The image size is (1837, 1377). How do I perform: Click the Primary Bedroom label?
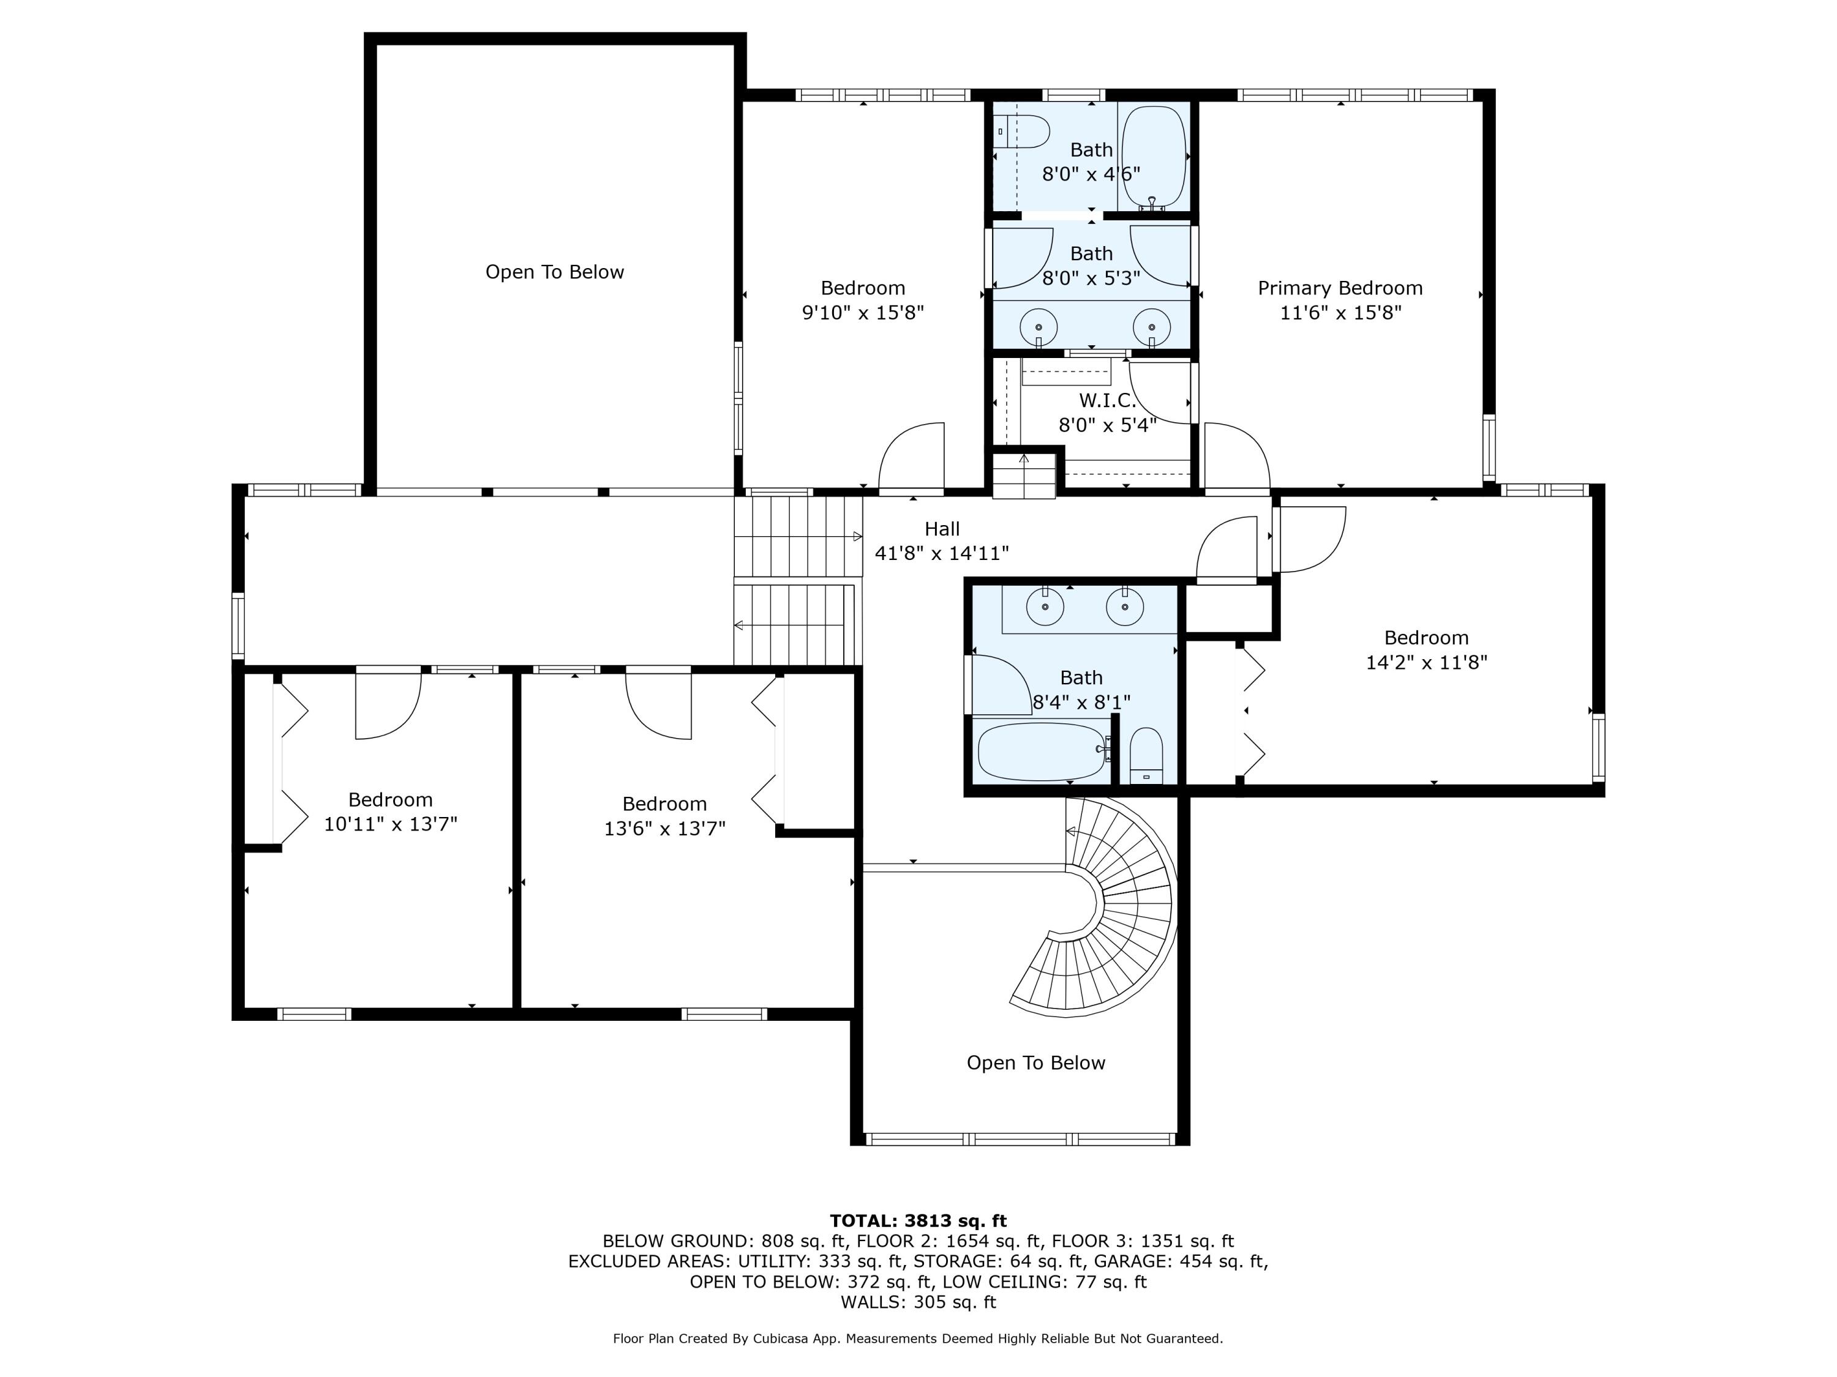tap(1340, 288)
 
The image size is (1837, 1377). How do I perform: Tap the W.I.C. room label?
tap(1107, 401)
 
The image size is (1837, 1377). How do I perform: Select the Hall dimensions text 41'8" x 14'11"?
tap(942, 553)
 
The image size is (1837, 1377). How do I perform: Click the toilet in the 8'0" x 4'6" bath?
tap(1025, 131)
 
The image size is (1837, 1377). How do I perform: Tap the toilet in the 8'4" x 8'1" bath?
tap(1147, 755)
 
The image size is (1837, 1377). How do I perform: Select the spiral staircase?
tap(1113, 913)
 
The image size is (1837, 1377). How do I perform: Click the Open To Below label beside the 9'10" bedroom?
tap(554, 272)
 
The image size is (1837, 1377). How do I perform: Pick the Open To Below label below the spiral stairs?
tap(1035, 1063)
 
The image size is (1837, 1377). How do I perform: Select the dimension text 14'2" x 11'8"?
tap(1426, 662)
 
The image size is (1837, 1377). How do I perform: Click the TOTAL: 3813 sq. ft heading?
tap(918, 1221)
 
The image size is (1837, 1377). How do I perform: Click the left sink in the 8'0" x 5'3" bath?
tap(1038, 326)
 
